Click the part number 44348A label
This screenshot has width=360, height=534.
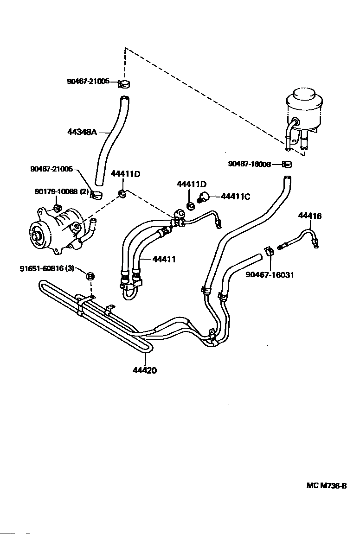tap(82, 132)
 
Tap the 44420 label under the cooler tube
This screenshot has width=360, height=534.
tap(145, 370)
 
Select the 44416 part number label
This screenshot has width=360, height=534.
tap(310, 216)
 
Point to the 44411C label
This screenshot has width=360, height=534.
tap(236, 197)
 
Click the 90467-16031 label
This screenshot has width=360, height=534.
tap(270, 274)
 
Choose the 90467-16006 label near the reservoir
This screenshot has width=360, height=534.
tap(250, 164)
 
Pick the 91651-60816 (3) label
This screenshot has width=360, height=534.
tap(47, 268)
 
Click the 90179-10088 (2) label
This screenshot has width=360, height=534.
tap(62, 192)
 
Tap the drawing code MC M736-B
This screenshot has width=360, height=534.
tap(327, 486)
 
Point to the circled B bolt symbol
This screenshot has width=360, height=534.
tap(90, 277)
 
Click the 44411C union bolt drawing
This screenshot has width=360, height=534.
tap(204, 197)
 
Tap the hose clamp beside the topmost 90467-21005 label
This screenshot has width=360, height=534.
tap(125, 83)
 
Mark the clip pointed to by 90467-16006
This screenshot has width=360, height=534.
tap(287, 165)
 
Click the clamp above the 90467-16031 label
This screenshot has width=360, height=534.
tap(269, 252)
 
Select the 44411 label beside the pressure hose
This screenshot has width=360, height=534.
tap(164, 260)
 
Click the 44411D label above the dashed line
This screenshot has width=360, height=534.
tap(125, 174)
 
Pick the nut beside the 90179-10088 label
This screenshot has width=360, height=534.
tap(58, 207)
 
